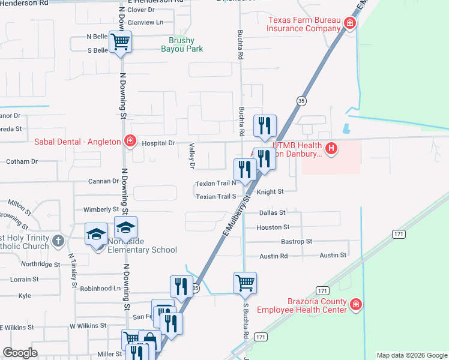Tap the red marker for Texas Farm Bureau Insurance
[x=350, y=23]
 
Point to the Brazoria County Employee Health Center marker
[x=356, y=305]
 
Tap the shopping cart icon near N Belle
[x=121, y=42]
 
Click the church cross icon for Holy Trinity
[x=58, y=241]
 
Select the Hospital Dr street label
[x=158, y=143]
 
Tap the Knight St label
[x=270, y=192]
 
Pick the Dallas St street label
[x=272, y=212]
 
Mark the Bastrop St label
[x=297, y=241]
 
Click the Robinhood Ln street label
[x=100, y=288]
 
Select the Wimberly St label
[x=101, y=209]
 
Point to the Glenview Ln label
[x=145, y=23]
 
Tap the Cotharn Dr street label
[x=22, y=161]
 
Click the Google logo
[x=20, y=353]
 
